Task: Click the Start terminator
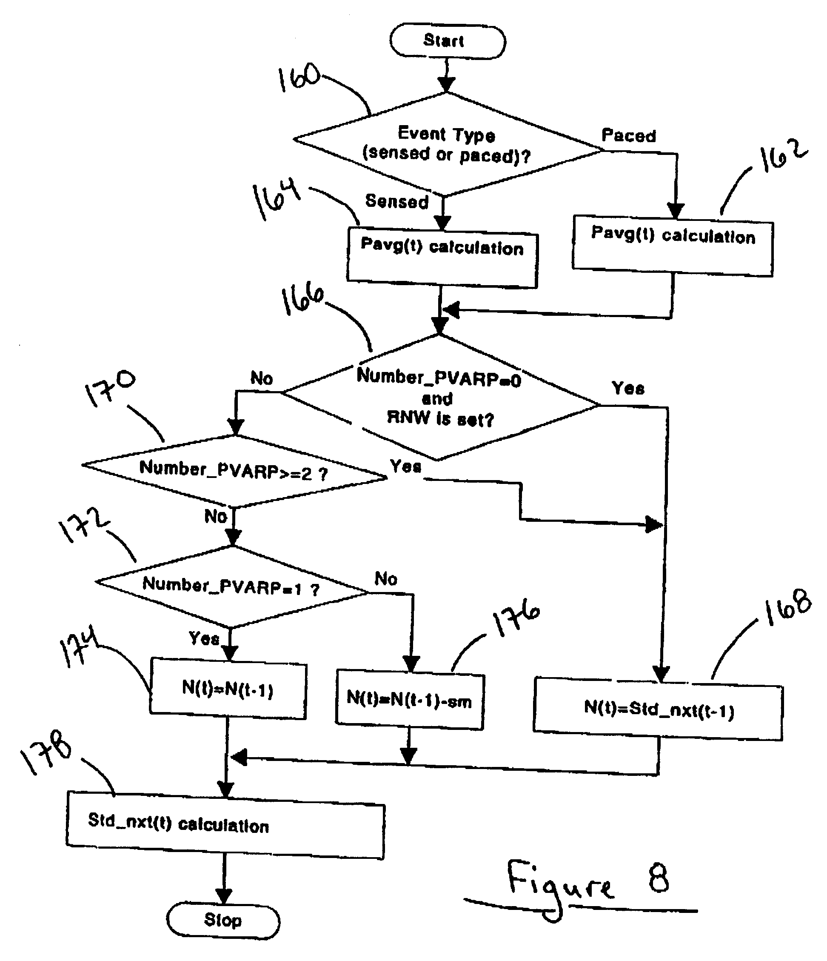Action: [448, 42]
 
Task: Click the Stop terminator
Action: [223, 920]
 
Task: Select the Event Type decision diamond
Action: [446, 144]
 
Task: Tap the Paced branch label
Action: [629, 136]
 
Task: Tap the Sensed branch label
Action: [397, 202]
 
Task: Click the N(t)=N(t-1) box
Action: [228, 689]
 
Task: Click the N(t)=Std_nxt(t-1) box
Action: [658, 709]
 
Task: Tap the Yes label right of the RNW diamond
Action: [628, 388]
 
